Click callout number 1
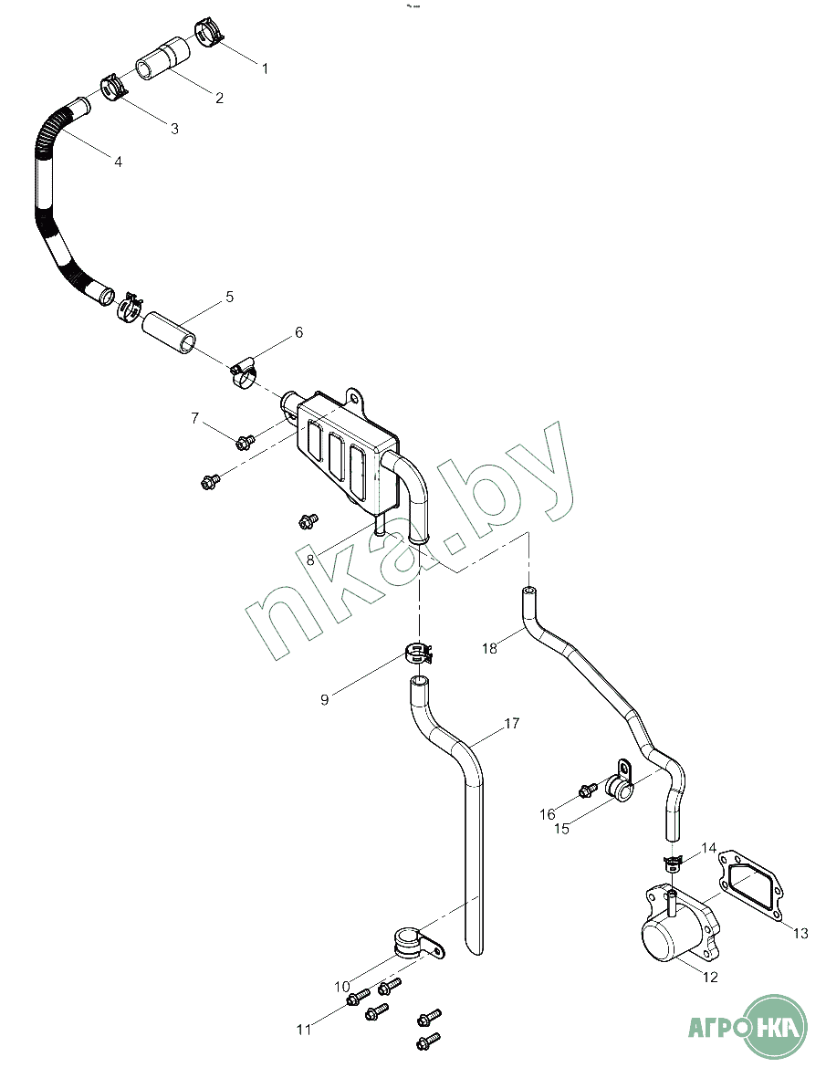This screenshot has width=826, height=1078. (x=265, y=68)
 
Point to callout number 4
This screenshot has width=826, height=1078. (x=119, y=162)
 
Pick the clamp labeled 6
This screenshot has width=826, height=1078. (x=243, y=372)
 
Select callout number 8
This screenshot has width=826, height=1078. (x=310, y=560)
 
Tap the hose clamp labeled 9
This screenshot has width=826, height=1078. (x=418, y=651)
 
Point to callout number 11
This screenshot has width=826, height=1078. (x=304, y=1030)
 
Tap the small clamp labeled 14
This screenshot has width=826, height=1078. (x=672, y=861)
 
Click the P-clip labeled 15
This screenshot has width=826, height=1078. (x=619, y=781)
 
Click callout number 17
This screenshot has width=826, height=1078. (x=511, y=723)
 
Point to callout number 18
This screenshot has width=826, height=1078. (x=489, y=648)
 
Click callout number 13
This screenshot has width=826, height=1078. (x=800, y=933)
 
